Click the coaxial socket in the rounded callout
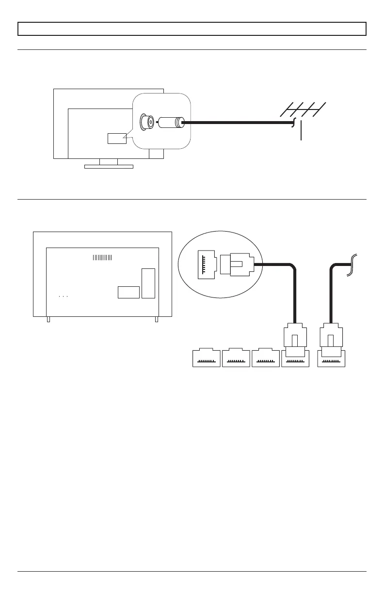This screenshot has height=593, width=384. (146, 122)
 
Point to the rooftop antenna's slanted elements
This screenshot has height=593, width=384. (303, 110)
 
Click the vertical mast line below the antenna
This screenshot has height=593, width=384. (302, 131)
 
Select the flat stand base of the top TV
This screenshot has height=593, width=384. (109, 167)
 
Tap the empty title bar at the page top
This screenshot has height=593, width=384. (192, 29)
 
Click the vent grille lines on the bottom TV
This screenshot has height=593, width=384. (102, 257)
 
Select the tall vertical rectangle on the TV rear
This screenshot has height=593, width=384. (148, 283)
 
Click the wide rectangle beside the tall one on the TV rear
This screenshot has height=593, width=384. (128, 292)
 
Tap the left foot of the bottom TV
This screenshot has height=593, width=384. (48, 319)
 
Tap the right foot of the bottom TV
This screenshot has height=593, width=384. (157, 319)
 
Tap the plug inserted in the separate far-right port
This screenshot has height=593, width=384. (331, 337)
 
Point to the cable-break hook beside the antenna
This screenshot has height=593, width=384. (293, 125)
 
